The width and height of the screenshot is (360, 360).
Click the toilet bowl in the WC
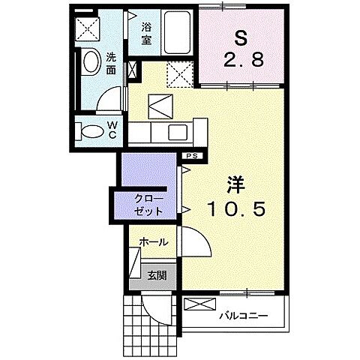pos(91,130)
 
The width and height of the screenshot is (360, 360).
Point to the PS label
pos(192,155)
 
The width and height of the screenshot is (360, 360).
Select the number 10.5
pos(236,211)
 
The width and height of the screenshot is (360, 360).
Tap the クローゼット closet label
pos(146,205)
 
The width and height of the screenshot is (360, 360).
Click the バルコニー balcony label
pos(243,316)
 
